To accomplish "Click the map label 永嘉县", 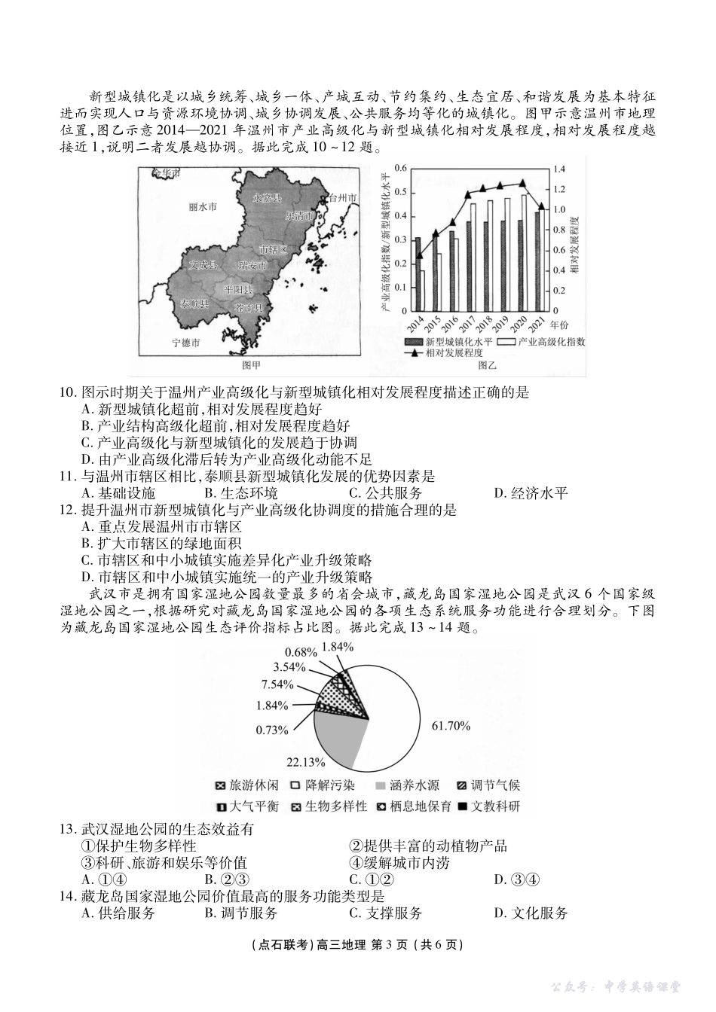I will tap(267, 199).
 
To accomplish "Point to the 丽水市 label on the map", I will tap(203, 206).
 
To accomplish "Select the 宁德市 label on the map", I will tap(186, 343).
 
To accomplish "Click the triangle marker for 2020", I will tap(523, 182).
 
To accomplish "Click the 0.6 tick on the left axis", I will tap(400, 169).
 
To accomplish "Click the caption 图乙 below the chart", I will tap(488, 365).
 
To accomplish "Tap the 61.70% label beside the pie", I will tap(451, 726).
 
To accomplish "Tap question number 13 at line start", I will tap(66, 830).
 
